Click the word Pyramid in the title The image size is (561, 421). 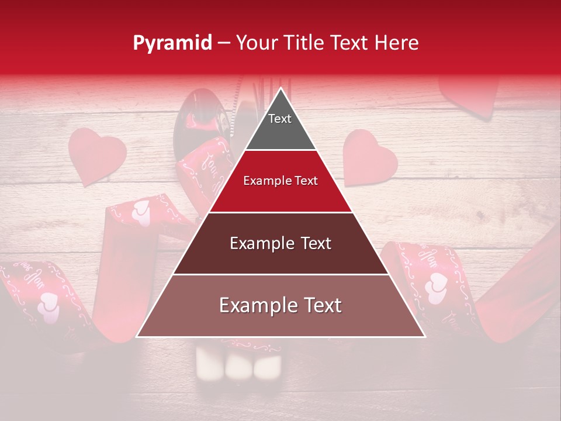tap(172, 43)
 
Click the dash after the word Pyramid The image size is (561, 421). tap(224, 43)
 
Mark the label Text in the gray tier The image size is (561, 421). tap(280, 119)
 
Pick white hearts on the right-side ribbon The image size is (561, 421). tap(435, 287)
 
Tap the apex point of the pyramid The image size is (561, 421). tap(280, 88)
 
